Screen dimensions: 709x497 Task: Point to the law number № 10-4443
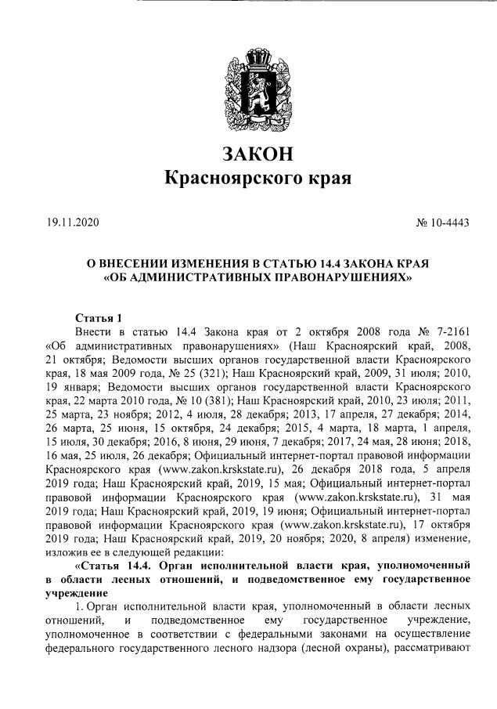tap(442, 223)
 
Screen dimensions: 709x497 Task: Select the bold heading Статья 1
tap(99, 318)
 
